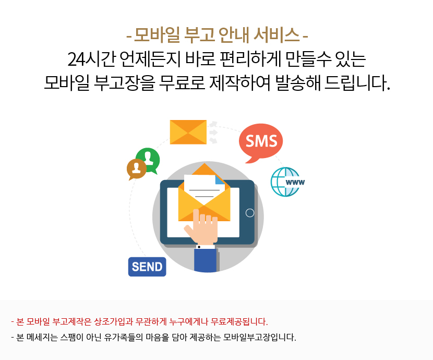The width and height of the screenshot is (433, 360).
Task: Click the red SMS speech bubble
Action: click(261, 141)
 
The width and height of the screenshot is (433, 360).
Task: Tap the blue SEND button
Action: click(147, 267)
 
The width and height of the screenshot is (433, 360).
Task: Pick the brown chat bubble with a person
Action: click(136, 169)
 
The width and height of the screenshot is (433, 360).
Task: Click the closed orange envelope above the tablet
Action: click(188, 132)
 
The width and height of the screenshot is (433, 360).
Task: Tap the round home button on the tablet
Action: click(250, 213)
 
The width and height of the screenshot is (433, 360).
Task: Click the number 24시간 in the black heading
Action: click(91, 59)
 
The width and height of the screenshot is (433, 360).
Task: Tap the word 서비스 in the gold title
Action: click(276, 35)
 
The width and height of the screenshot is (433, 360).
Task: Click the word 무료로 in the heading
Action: click(182, 82)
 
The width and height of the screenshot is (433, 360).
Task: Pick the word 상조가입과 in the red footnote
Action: click(114, 321)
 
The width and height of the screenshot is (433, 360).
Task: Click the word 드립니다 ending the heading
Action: click(357, 82)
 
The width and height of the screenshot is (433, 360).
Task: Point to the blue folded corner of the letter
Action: click(220, 179)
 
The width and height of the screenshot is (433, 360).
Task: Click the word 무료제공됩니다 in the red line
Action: click(239, 321)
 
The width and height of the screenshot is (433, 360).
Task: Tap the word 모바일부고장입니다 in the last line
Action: click(260, 338)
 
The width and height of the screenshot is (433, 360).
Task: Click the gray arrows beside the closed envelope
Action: click(213, 133)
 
